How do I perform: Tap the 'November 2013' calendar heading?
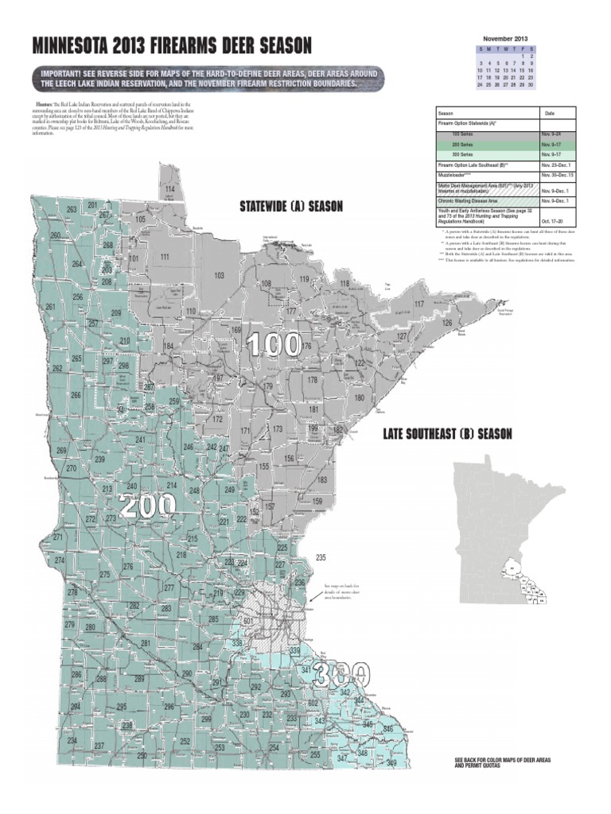pyautogui.click(x=505, y=38)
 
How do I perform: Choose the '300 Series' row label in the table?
pyautogui.click(x=462, y=154)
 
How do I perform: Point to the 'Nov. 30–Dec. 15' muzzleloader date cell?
pyautogui.click(x=557, y=173)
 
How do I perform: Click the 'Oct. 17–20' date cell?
pyautogui.click(x=551, y=222)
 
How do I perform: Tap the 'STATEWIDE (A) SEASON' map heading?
pyautogui.click(x=291, y=207)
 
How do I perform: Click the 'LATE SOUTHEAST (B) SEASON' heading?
pyautogui.click(x=447, y=433)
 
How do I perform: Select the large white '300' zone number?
pyautogui.click(x=341, y=675)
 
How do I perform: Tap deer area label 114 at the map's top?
pyautogui.click(x=169, y=188)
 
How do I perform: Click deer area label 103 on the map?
pyautogui.click(x=219, y=275)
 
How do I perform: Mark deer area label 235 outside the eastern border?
pyautogui.click(x=321, y=557)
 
